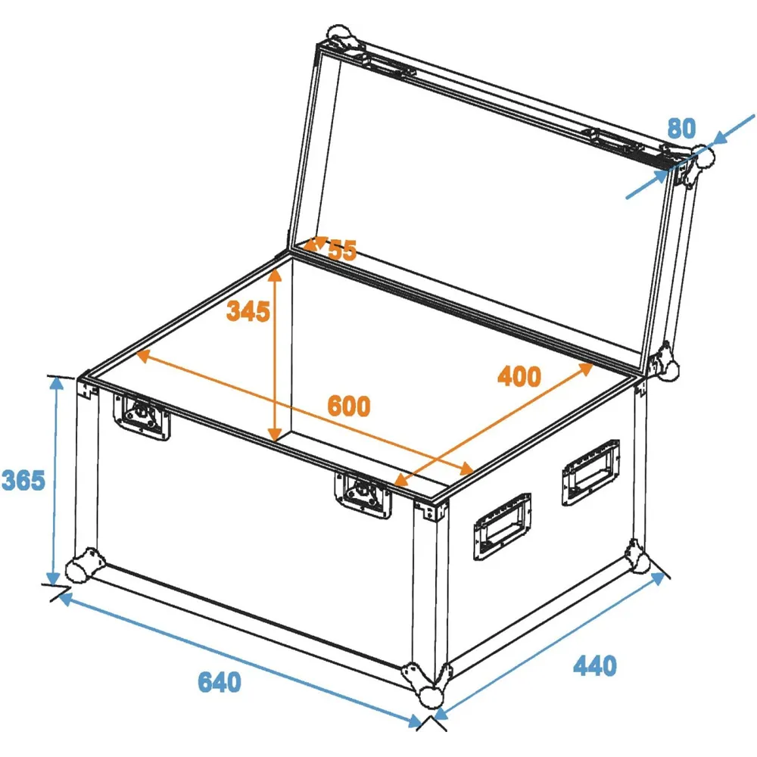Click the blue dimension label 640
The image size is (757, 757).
pos(220,682)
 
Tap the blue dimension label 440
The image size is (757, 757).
pos(595,665)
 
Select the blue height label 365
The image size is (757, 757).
pos(23,480)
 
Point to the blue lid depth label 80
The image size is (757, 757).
pos(682,128)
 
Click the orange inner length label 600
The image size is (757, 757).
pos(348,406)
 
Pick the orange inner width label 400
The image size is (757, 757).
pos(519,376)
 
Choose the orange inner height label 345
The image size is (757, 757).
pos(248,311)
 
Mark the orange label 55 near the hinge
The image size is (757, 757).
pos(342,250)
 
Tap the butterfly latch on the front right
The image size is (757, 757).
pos(363,496)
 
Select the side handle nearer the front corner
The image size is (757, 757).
pos(502,526)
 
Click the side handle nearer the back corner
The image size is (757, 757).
pos(590,472)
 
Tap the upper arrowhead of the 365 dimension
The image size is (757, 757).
pos(57,382)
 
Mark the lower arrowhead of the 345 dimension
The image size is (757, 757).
pos(275,435)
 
